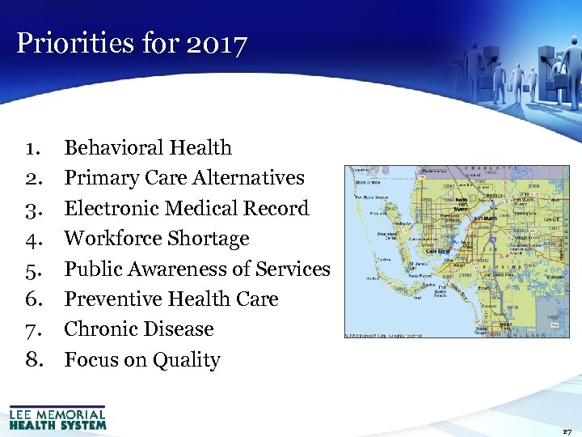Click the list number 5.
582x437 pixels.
click(33, 269)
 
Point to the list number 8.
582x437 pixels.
click(33, 360)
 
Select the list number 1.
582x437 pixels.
click(33, 147)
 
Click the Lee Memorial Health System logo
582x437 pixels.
click(57, 418)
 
